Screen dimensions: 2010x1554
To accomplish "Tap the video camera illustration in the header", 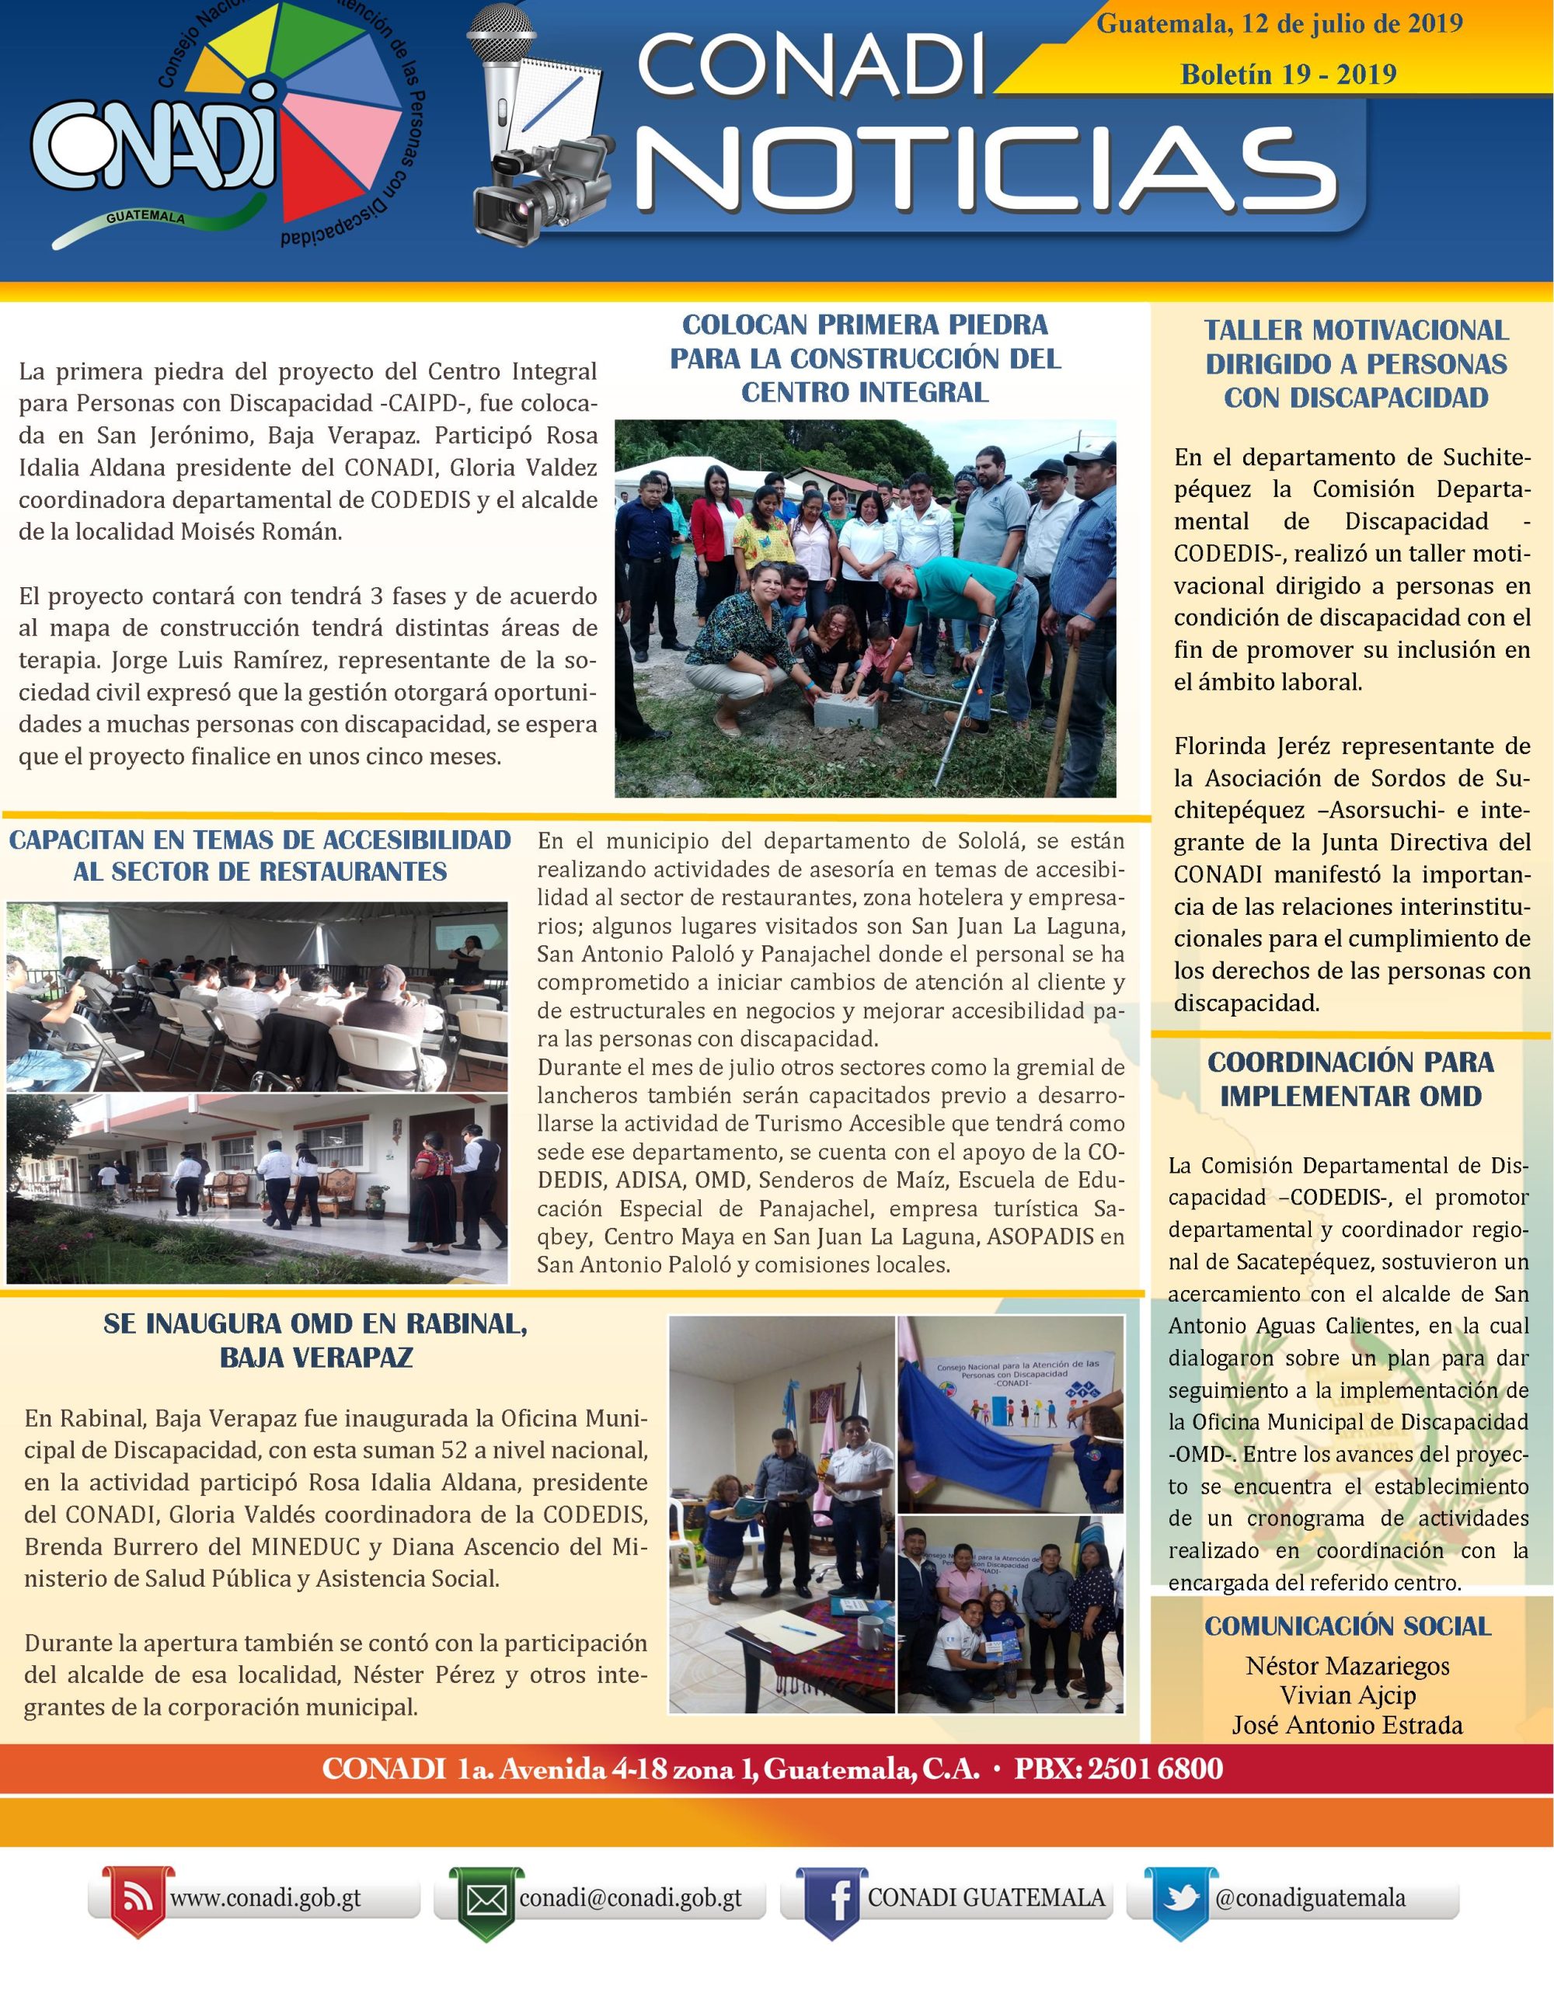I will [543, 189].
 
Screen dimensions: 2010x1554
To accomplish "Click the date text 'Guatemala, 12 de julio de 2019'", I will [1280, 24].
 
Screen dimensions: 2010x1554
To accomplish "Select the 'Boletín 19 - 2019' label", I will [1288, 74].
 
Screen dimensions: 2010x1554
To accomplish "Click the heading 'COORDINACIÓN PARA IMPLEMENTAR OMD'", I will [1350, 1079].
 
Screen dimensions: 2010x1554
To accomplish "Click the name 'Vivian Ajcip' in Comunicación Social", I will [1348, 1695].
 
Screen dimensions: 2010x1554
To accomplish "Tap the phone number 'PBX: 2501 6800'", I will [1119, 1769].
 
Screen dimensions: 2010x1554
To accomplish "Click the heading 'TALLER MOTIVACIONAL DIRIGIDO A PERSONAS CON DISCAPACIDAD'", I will [1356, 363].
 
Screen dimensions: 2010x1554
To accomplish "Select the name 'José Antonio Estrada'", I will [1348, 1725].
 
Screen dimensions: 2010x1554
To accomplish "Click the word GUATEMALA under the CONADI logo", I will [145, 218].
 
